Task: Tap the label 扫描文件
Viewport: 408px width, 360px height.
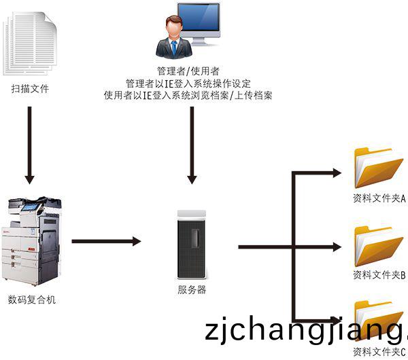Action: [x=31, y=89]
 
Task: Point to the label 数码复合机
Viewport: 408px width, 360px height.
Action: [x=32, y=300]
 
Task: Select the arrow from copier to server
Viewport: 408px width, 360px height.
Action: [x=105, y=241]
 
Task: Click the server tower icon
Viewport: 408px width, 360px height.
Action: [x=192, y=245]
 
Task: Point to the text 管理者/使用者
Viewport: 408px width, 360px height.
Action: [x=188, y=71]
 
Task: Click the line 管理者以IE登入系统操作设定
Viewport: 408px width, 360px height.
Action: [x=188, y=84]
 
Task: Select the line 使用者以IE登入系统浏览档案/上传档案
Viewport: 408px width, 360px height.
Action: [x=188, y=96]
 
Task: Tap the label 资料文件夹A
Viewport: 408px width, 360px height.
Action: [x=379, y=199]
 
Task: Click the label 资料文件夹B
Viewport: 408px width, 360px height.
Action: [x=379, y=276]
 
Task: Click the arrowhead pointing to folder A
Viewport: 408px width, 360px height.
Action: [x=336, y=173]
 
